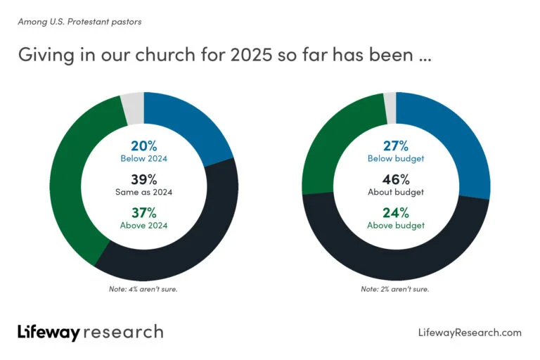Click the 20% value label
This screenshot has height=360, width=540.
(144, 146)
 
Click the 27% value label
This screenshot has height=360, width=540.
(396, 146)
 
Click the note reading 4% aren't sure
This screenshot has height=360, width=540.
(144, 289)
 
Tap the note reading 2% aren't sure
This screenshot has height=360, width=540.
(395, 289)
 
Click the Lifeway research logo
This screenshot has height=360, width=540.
(90, 332)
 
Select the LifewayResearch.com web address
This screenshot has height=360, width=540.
(470, 333)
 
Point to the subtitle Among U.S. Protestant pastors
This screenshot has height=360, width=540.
(79, 22)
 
